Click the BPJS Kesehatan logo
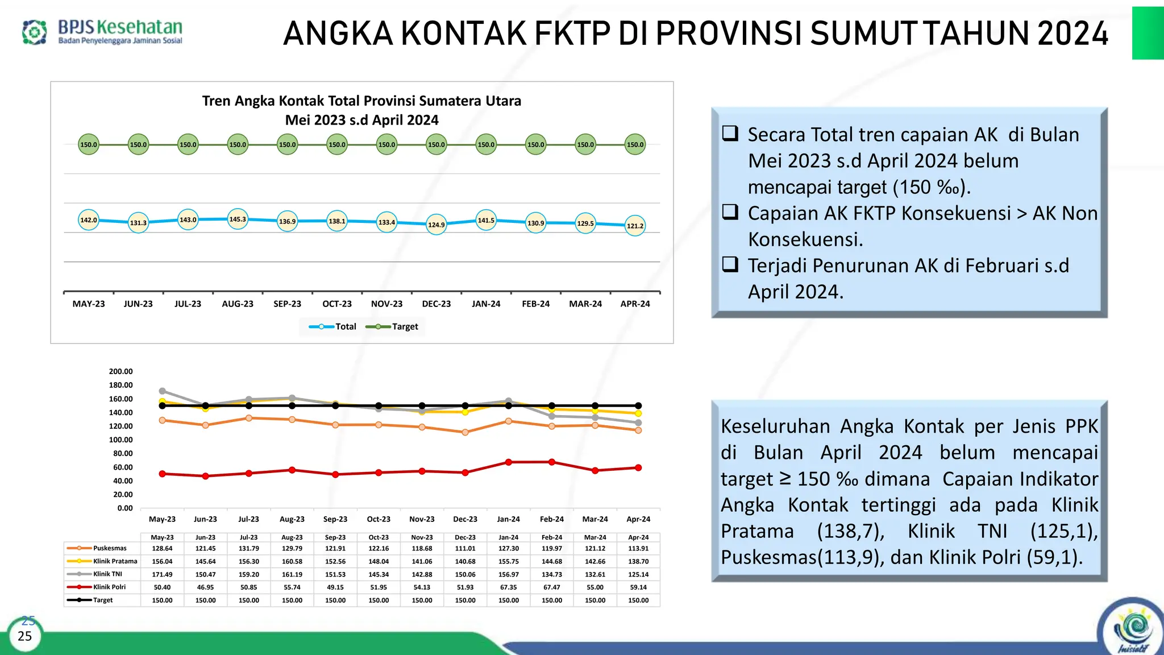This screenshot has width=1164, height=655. [102, 32]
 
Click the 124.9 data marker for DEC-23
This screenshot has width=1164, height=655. [436, 225]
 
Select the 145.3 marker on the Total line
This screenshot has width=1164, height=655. [238, 219]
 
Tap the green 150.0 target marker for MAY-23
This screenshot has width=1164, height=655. [89, 144]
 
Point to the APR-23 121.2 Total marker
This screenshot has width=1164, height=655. [635, 226]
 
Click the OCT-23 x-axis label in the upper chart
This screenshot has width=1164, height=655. [337, 304]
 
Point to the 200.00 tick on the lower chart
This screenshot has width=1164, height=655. [120, 371]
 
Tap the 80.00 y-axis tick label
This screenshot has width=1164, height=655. [123, 453]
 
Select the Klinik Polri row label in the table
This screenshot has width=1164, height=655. [109, 587]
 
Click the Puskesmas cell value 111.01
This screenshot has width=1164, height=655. [465, 548]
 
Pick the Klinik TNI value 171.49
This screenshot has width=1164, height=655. [162, 574]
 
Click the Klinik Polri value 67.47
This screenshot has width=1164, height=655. [551, 587]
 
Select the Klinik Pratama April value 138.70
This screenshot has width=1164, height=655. [638, 561]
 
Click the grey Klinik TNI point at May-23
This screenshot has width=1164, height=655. [162, 391]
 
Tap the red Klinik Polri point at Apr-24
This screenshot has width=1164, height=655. [638, 468]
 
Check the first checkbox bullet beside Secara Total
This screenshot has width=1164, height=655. [730, 134]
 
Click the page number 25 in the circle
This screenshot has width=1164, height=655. [25, 636]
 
